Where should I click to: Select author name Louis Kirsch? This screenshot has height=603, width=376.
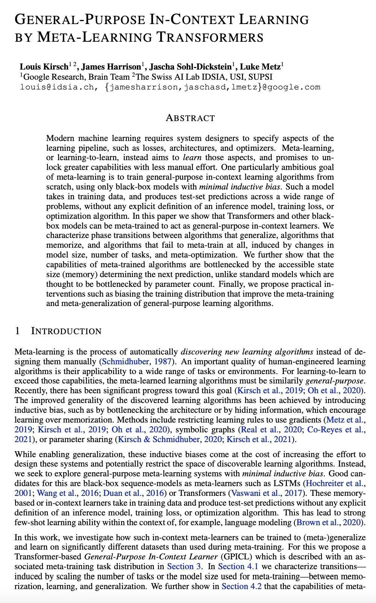pyautogui.click(x=44, y=67)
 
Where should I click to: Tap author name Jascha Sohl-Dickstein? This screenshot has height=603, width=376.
pyautogui.click(x=190, y=67)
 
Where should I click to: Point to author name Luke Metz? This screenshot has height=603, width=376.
pyautogui.click(x=260, y=67)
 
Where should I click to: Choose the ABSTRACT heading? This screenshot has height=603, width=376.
pyautogui.click(x=190, y=118)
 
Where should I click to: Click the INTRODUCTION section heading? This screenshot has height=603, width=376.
pyautogui.click(x=66, y=331)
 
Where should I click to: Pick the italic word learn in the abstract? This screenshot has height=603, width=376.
pyautogui.click(x=192, y=158)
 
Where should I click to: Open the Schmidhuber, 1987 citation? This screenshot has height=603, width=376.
pyautogui.click(x=137, y=362)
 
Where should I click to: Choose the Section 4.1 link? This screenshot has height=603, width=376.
pyautogui.click(x=238, y=567)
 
